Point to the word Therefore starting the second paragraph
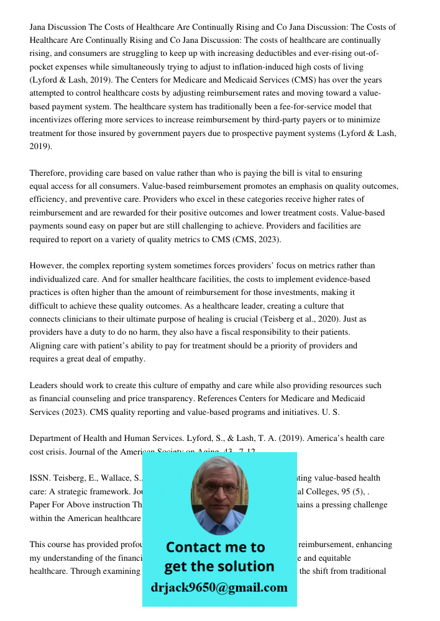tap(47, 173)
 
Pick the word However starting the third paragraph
tap(46, 266)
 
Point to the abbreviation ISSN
tap(39, 478)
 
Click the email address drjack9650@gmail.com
tap(219, 587)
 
